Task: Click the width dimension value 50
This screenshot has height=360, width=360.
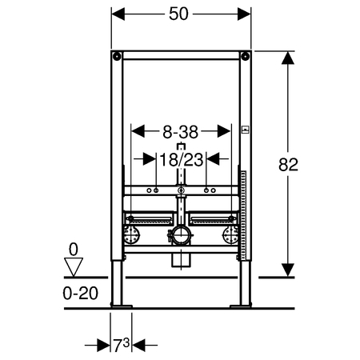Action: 178,14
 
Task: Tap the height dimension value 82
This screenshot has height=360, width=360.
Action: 288,165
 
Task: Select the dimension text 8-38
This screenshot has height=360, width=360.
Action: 181,132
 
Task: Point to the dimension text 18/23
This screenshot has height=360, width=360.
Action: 182,160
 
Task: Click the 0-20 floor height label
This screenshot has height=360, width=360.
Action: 81,294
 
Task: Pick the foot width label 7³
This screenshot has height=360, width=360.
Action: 122,345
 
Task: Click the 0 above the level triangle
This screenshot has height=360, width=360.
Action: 74,250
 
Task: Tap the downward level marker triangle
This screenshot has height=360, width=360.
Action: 74,267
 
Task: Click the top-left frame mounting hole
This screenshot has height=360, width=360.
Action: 117,56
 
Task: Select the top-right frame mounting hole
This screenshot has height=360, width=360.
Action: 245,56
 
